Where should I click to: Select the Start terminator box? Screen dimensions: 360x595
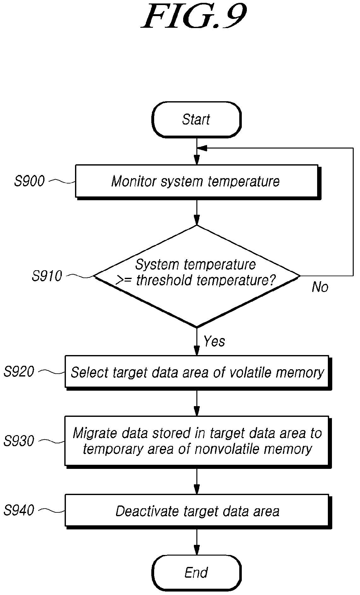coord(196,120)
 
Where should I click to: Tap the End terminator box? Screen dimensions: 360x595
coord(196,573)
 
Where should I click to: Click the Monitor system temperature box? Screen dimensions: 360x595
coord(198,182)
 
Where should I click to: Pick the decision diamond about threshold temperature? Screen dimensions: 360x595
coord(197,276)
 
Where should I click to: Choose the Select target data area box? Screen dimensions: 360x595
coord(198,373)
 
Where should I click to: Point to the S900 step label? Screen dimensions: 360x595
coord(29,181)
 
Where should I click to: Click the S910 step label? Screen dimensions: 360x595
coord(47,276)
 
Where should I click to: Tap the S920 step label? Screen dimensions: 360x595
coord(19,372)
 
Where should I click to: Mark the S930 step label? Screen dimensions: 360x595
coord(19,441)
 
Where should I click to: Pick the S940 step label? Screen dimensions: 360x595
coord(19,510)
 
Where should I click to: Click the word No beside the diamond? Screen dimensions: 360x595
coord(320,287)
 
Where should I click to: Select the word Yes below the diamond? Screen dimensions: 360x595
coord(214,341)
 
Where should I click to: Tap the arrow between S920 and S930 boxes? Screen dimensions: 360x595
coord(197,403)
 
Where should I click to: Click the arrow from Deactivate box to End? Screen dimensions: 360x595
coord(197,542)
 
